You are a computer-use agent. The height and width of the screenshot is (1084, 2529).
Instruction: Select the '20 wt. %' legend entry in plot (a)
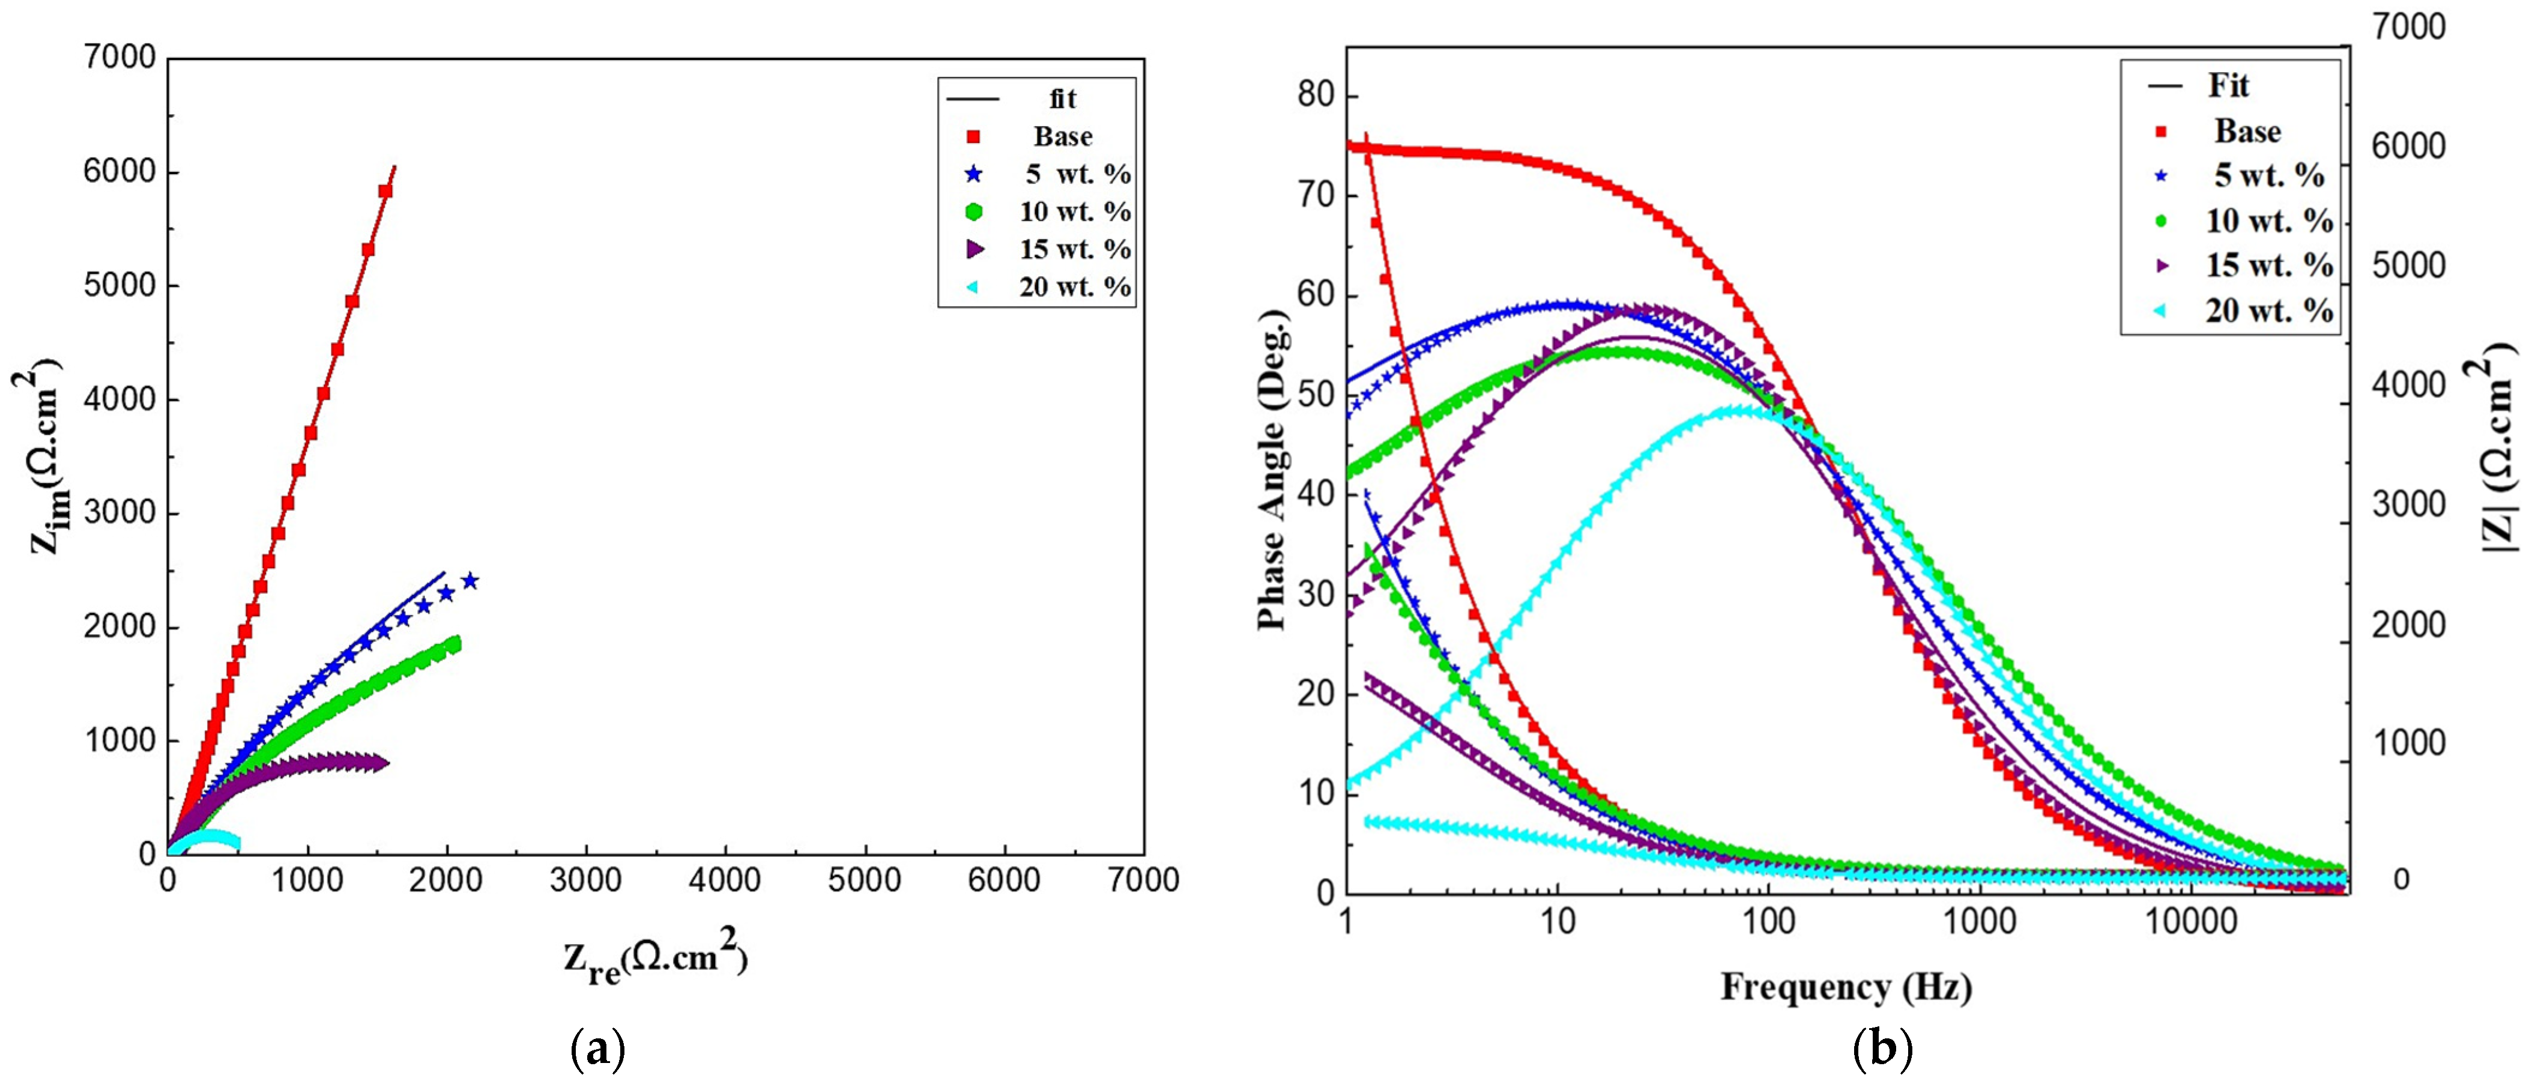[x=1074, y=288]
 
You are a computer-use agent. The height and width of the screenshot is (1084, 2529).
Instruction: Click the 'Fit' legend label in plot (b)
[x=2229, y=86]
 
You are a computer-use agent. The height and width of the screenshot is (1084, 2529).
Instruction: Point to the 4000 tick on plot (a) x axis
[x=725, y=881]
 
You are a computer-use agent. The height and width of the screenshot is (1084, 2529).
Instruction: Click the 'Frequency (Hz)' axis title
[x=1846, y=986]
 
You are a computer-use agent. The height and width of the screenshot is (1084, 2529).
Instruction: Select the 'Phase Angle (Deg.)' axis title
[x=1274, y=470]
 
